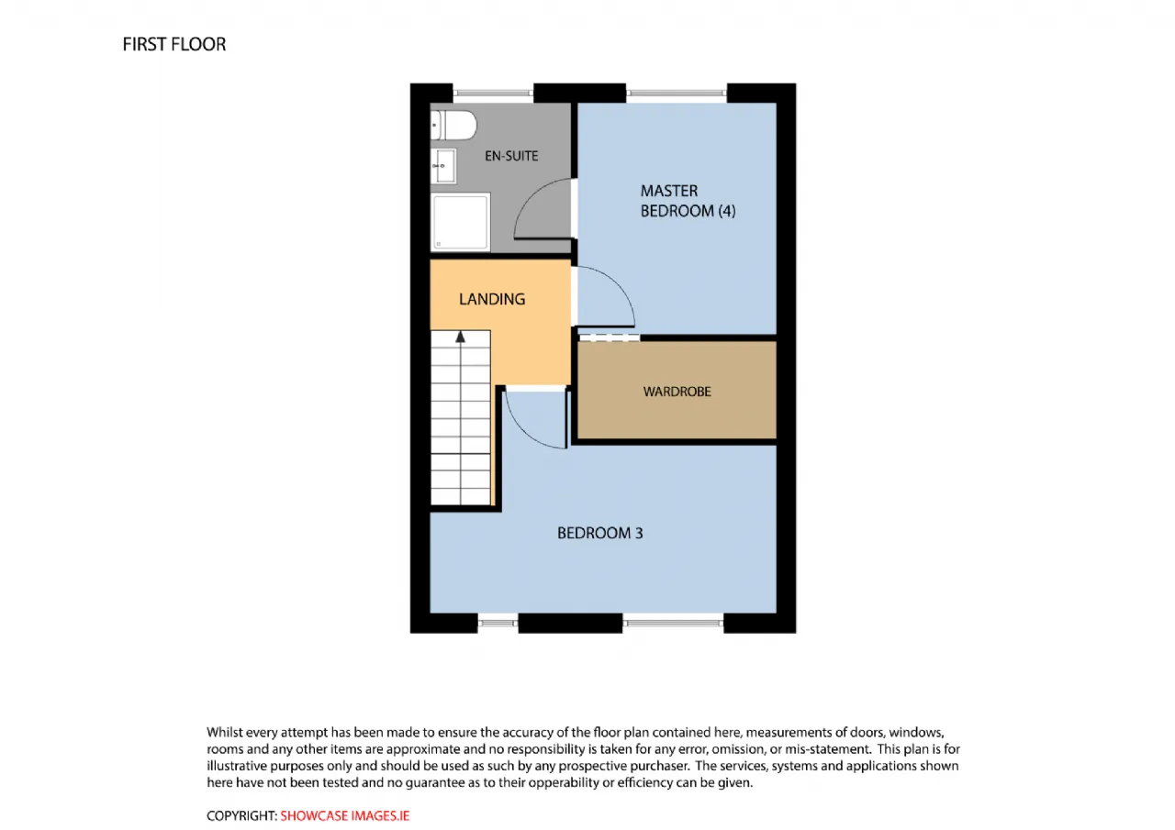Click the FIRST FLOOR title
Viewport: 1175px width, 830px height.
(x=174, y=45)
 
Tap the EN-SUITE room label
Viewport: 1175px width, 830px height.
(x=511, y=156)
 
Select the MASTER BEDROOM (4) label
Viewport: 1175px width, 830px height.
(x=688, y=201)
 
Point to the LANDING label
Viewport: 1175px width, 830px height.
(x=492, y=299)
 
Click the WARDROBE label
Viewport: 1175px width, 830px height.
(x=677, y=392)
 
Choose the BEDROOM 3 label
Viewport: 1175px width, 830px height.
(x=599, y=533)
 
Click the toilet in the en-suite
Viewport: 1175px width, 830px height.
(x=453, y=126)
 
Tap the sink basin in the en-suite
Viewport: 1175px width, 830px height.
(x=443, y=166)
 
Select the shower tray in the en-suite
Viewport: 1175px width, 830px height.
(x=461, y=222)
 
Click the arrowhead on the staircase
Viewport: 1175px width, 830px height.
(x=461, y=337)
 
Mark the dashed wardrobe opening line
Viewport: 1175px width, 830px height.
(x=610, y=338)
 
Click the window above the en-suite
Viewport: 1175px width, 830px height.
(x=493, y=94)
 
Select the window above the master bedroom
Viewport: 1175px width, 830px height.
(x=677, y=94)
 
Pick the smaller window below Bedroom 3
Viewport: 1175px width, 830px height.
(x=498, y=623)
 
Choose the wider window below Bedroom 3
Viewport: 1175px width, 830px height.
(x=673, y=623)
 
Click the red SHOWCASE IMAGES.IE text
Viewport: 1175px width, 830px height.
(x=344, y=816)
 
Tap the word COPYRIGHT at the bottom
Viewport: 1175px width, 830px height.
(x=241, y=816)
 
